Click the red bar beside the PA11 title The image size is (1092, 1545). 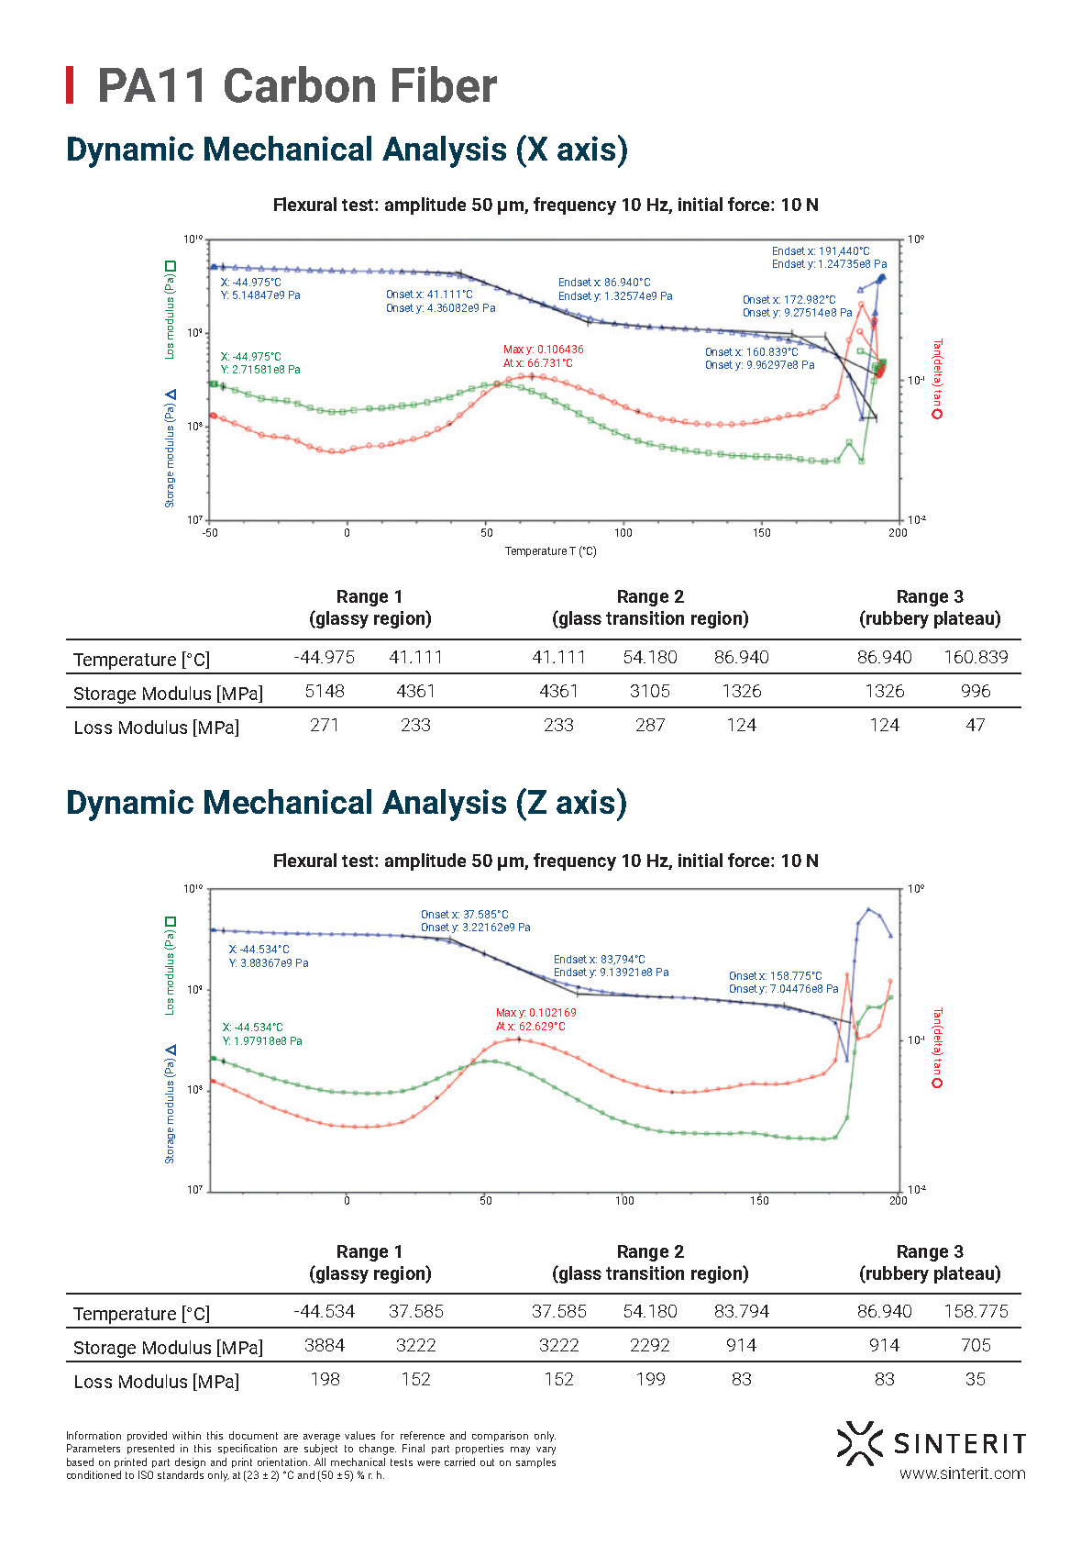(70, 85)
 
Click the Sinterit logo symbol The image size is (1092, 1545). (858, 1442)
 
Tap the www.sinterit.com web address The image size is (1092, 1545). (962, 1473)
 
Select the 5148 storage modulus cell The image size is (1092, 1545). (325, 691)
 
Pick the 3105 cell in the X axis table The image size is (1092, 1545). (649, 691)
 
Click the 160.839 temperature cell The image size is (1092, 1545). (976, 657)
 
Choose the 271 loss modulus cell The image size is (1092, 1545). (325, 725)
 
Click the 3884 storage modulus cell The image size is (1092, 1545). (325, 1345)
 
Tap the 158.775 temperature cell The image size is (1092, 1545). (976, 1311)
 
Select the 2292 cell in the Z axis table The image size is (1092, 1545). (649, 1345)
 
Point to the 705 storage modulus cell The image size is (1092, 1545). (976, 1345)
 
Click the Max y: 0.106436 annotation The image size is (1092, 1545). (543, 350)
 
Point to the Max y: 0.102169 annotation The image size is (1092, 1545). (535, 1013)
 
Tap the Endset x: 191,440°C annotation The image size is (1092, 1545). (821, 250)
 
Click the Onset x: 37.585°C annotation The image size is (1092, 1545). (464, 915)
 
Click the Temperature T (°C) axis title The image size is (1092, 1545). (550, 551)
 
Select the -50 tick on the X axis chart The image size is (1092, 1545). (210, 533)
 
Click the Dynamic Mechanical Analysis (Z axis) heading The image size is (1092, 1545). (347, 803)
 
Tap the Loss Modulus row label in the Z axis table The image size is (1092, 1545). (156, 1382)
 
